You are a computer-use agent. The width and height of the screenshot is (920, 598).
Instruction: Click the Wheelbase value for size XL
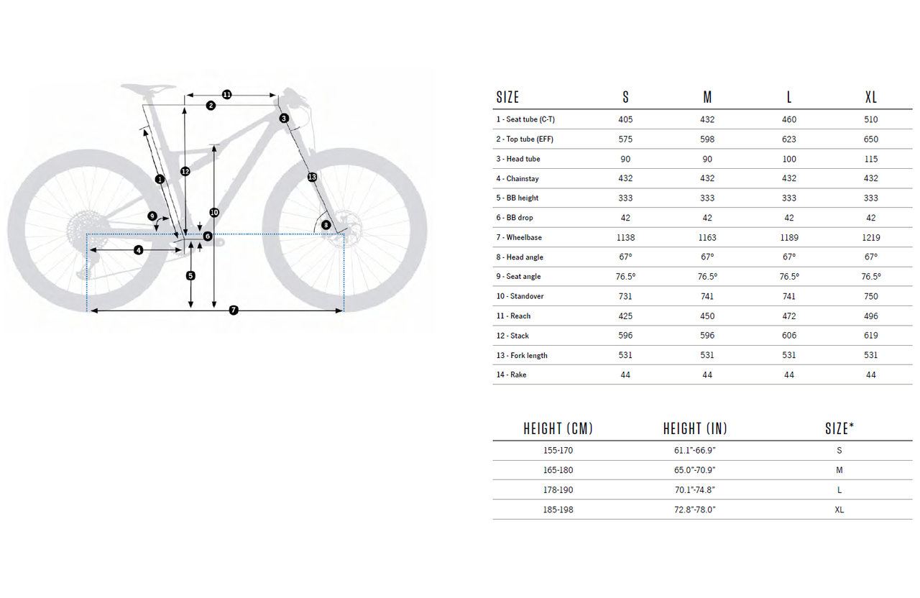(x=870, y=237)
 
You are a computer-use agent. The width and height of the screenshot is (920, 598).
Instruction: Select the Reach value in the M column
(x=707, y=316)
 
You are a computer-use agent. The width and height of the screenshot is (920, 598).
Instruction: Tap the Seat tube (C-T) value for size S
(x=625, y=119)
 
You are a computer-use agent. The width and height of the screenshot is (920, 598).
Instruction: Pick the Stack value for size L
(x=788, y=336)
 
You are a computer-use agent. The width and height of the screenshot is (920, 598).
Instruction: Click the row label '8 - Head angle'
(x=520, y=257)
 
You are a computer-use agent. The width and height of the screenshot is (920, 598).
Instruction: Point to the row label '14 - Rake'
(x=511, y=374)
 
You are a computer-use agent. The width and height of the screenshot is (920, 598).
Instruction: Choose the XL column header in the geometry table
(x=870, y=97)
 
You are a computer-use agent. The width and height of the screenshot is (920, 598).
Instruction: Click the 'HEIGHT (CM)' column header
(x=558, y=429)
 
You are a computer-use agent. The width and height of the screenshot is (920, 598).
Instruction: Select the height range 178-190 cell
(x=558, y=490)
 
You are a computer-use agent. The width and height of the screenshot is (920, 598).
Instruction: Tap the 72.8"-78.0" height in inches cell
(x=694, y=510)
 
